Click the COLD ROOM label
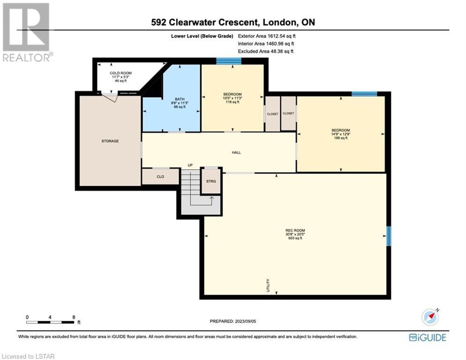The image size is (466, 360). point(121,73)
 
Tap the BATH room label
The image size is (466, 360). point(179,99)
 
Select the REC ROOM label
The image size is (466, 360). point(295,230)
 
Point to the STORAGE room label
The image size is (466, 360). point(110,141)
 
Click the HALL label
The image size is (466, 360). point(236,153)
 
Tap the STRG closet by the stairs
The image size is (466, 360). point(211,181)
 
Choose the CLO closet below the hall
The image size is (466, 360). point(161,177)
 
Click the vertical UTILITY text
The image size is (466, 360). point(268,285)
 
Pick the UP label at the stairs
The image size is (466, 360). point(190,165)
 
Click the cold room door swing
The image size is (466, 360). point(110,97)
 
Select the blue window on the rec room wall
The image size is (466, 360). point(388,236)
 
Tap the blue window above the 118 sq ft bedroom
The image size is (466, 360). point(229,61)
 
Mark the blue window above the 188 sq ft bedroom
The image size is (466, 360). point(364,94)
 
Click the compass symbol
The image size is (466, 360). point(430,317)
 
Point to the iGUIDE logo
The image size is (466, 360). point(428,337)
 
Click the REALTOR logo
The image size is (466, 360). point(27,32)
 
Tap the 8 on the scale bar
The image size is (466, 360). point(74,317)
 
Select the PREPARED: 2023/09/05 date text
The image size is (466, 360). point(233,321)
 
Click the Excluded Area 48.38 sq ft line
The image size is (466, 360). point(266,51)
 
